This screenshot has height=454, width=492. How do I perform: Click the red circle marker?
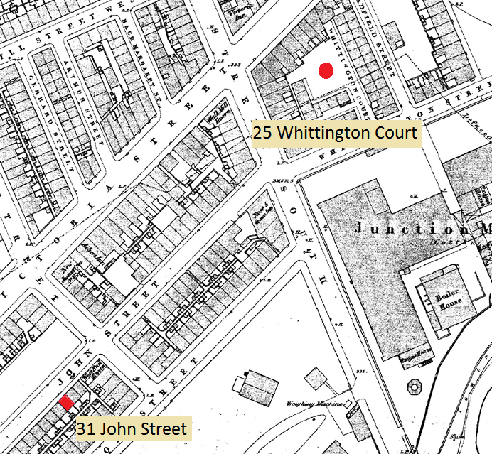coord(326,70)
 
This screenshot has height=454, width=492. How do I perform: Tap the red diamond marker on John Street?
coord(66,403)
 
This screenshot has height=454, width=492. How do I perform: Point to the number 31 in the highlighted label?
coord(87,428)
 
